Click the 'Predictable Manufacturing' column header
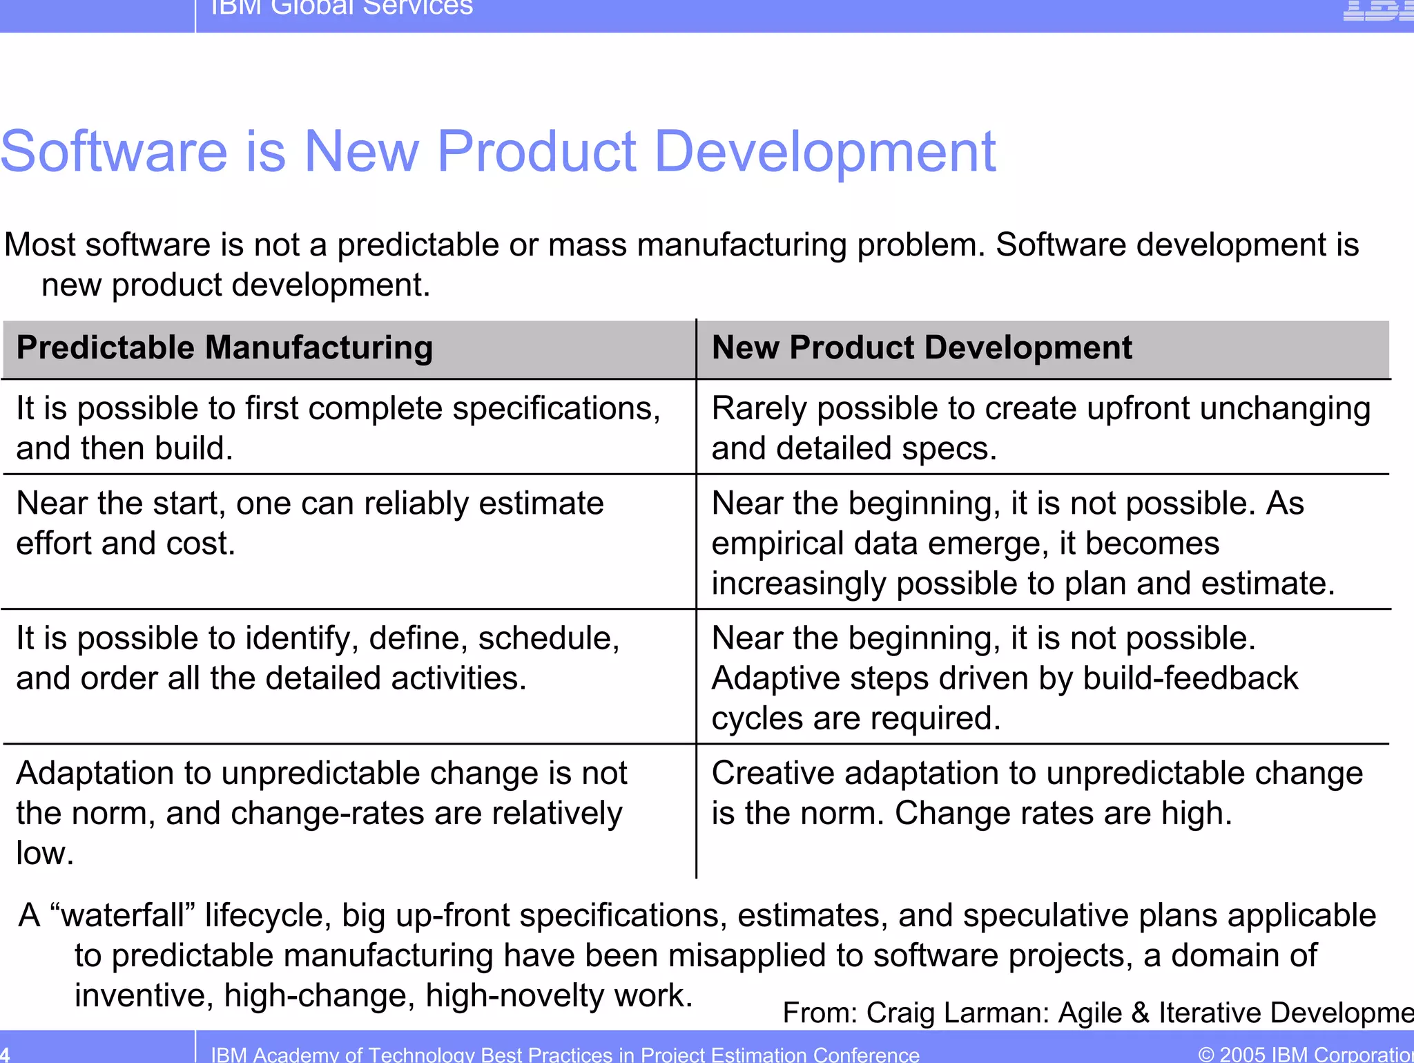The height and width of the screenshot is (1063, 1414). click(x=224, y=347)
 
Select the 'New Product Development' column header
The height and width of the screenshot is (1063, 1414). click(x=921, y=347)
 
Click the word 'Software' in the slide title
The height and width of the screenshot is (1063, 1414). click(x=114, y=151)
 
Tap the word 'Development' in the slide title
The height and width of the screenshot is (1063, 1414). click(x=824, y=151)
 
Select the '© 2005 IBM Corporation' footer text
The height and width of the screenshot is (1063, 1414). click(x=1305, y=1054)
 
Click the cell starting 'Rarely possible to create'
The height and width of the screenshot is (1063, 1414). click(x=1040, y=428)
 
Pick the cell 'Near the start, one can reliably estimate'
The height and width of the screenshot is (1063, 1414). click(x=309, y=523)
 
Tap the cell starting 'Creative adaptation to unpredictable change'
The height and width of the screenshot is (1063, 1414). click(x=1037, y=792)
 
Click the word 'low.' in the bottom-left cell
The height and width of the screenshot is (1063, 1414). click(x=45, y=853)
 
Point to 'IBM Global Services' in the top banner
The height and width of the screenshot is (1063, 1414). click(x=341, y=7)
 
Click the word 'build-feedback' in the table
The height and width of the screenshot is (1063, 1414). click(x=1190, y=678)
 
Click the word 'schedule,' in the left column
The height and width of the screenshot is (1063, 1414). click(x=548, y=638)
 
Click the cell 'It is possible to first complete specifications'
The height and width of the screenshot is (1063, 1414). click(x=338, y=428)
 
